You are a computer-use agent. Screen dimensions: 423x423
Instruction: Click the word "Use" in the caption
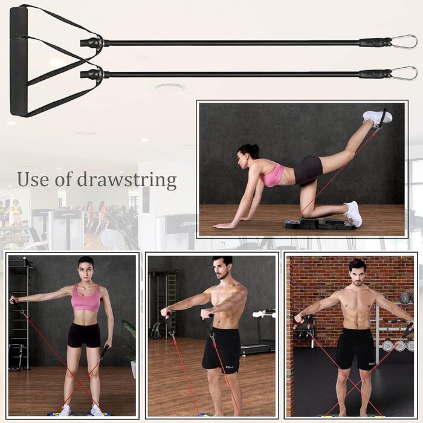pyautogui.click(x=34, y=179)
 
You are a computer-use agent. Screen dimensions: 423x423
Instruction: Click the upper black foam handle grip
pyautogui.click(x=19, y=24)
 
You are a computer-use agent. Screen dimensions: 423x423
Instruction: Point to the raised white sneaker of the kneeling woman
pyautogui.click(x=377, y=117)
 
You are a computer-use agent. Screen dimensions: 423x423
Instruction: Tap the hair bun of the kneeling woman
pyautogui.click(x=255, y=148)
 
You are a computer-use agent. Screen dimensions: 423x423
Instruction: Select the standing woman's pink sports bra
pyautogui.click(x=86, y=299)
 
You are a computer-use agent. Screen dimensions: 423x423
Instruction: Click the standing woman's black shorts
pyautogui.click(x=84, y=335)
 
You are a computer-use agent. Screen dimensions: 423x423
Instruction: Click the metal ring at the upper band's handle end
pyautogui.click(x=99, y=43)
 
